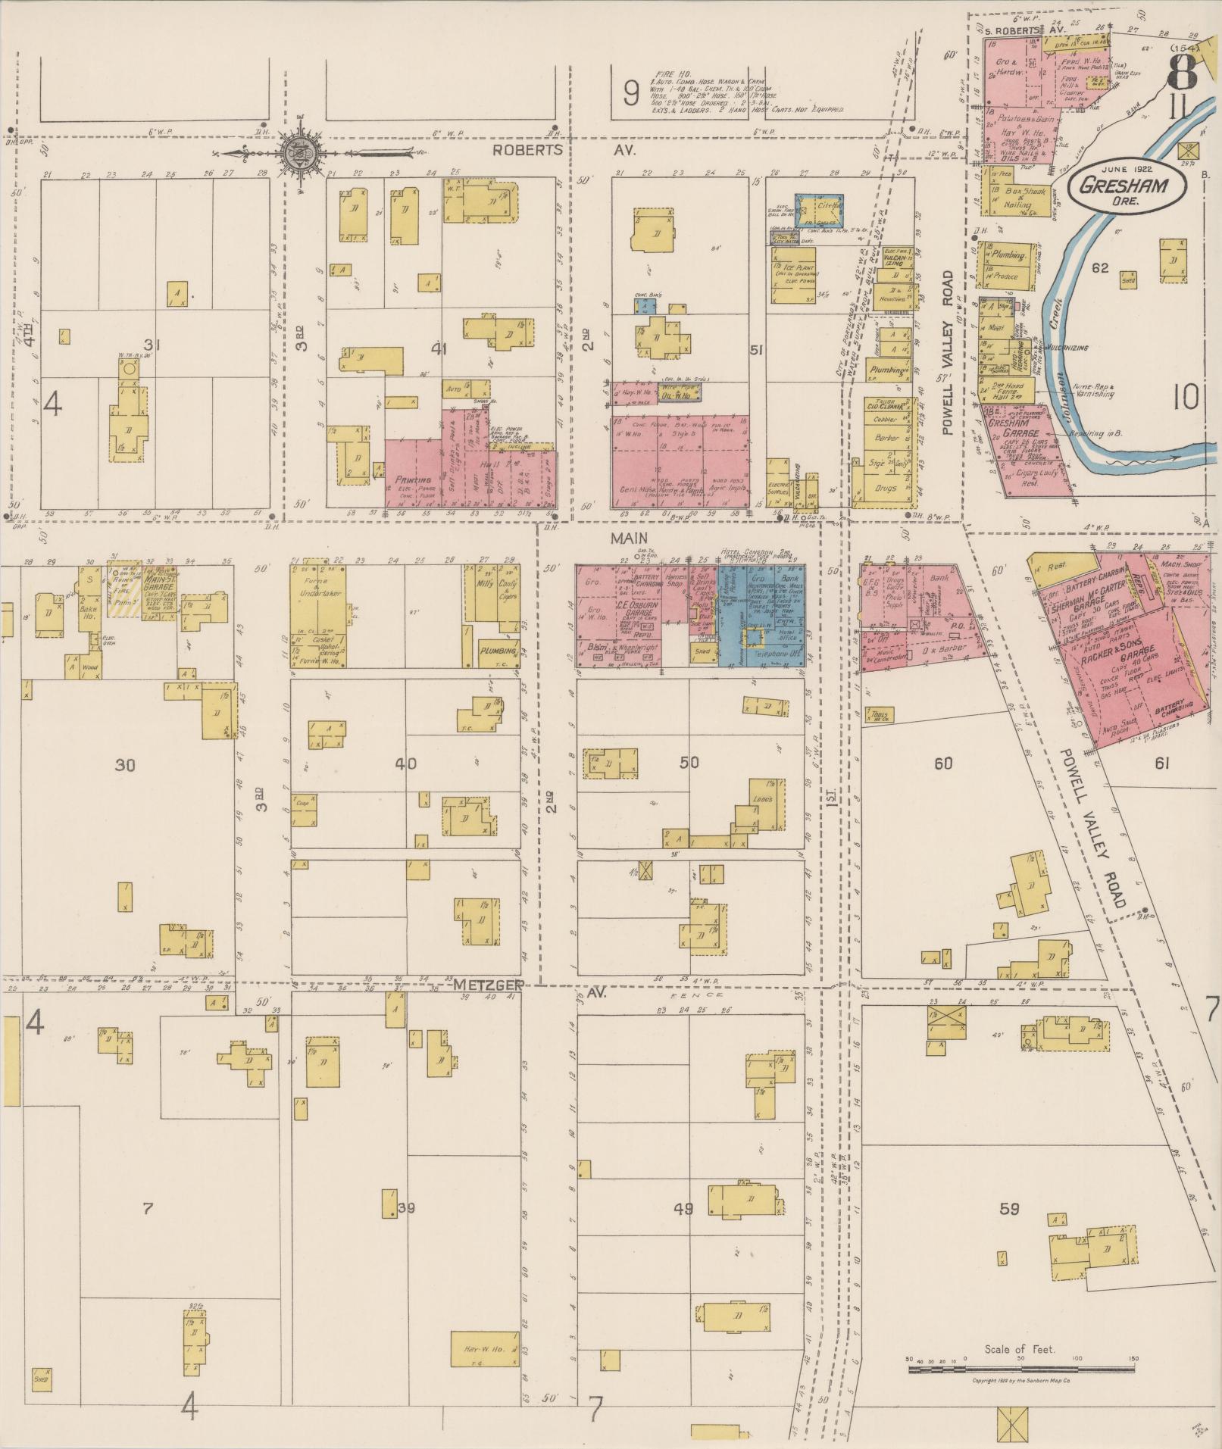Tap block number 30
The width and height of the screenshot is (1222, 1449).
point(125,765)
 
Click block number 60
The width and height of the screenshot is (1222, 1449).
point(942,764)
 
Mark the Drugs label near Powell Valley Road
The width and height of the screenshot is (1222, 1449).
point(883,489)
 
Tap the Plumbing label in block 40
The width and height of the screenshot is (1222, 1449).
point(498,651)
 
